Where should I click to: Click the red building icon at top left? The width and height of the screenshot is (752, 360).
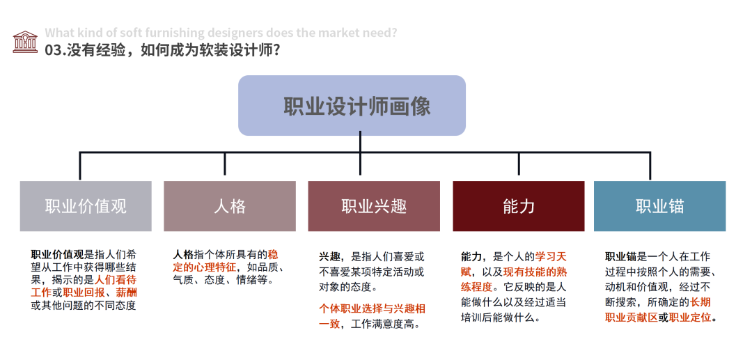[x=25, y=42]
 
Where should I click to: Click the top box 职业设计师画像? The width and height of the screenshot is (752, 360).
[x=352, y=106]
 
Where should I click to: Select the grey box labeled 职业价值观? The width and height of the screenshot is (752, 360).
[x=86, y=206]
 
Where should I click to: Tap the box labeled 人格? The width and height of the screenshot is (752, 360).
[x=229, y=206]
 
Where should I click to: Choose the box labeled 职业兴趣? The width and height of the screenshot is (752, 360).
[x=374, y=206]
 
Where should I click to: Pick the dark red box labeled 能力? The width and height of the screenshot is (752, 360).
[x=518, y=206]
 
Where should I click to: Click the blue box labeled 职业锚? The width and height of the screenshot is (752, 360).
[x=659, y=206]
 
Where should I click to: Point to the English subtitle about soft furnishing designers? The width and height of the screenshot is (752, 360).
[x=221, y=33]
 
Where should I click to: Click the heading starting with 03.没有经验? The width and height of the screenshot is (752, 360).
[x=163, y=50]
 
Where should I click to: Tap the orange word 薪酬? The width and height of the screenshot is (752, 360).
[x=126, y=292]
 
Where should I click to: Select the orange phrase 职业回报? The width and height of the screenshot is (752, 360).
[x=86, y=292]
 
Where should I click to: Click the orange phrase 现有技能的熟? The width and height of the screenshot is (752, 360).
[x=531, y=272]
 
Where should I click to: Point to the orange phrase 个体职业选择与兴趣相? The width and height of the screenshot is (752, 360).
[x=372, y=308]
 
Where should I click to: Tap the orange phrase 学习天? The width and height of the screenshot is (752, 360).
[x=551, y=256]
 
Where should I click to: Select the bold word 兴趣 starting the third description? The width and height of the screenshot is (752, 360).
[x=331, y=256]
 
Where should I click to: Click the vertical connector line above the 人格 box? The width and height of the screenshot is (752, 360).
[x=224, y=164]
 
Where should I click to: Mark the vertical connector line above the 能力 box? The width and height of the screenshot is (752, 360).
[x=519, y=164]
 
